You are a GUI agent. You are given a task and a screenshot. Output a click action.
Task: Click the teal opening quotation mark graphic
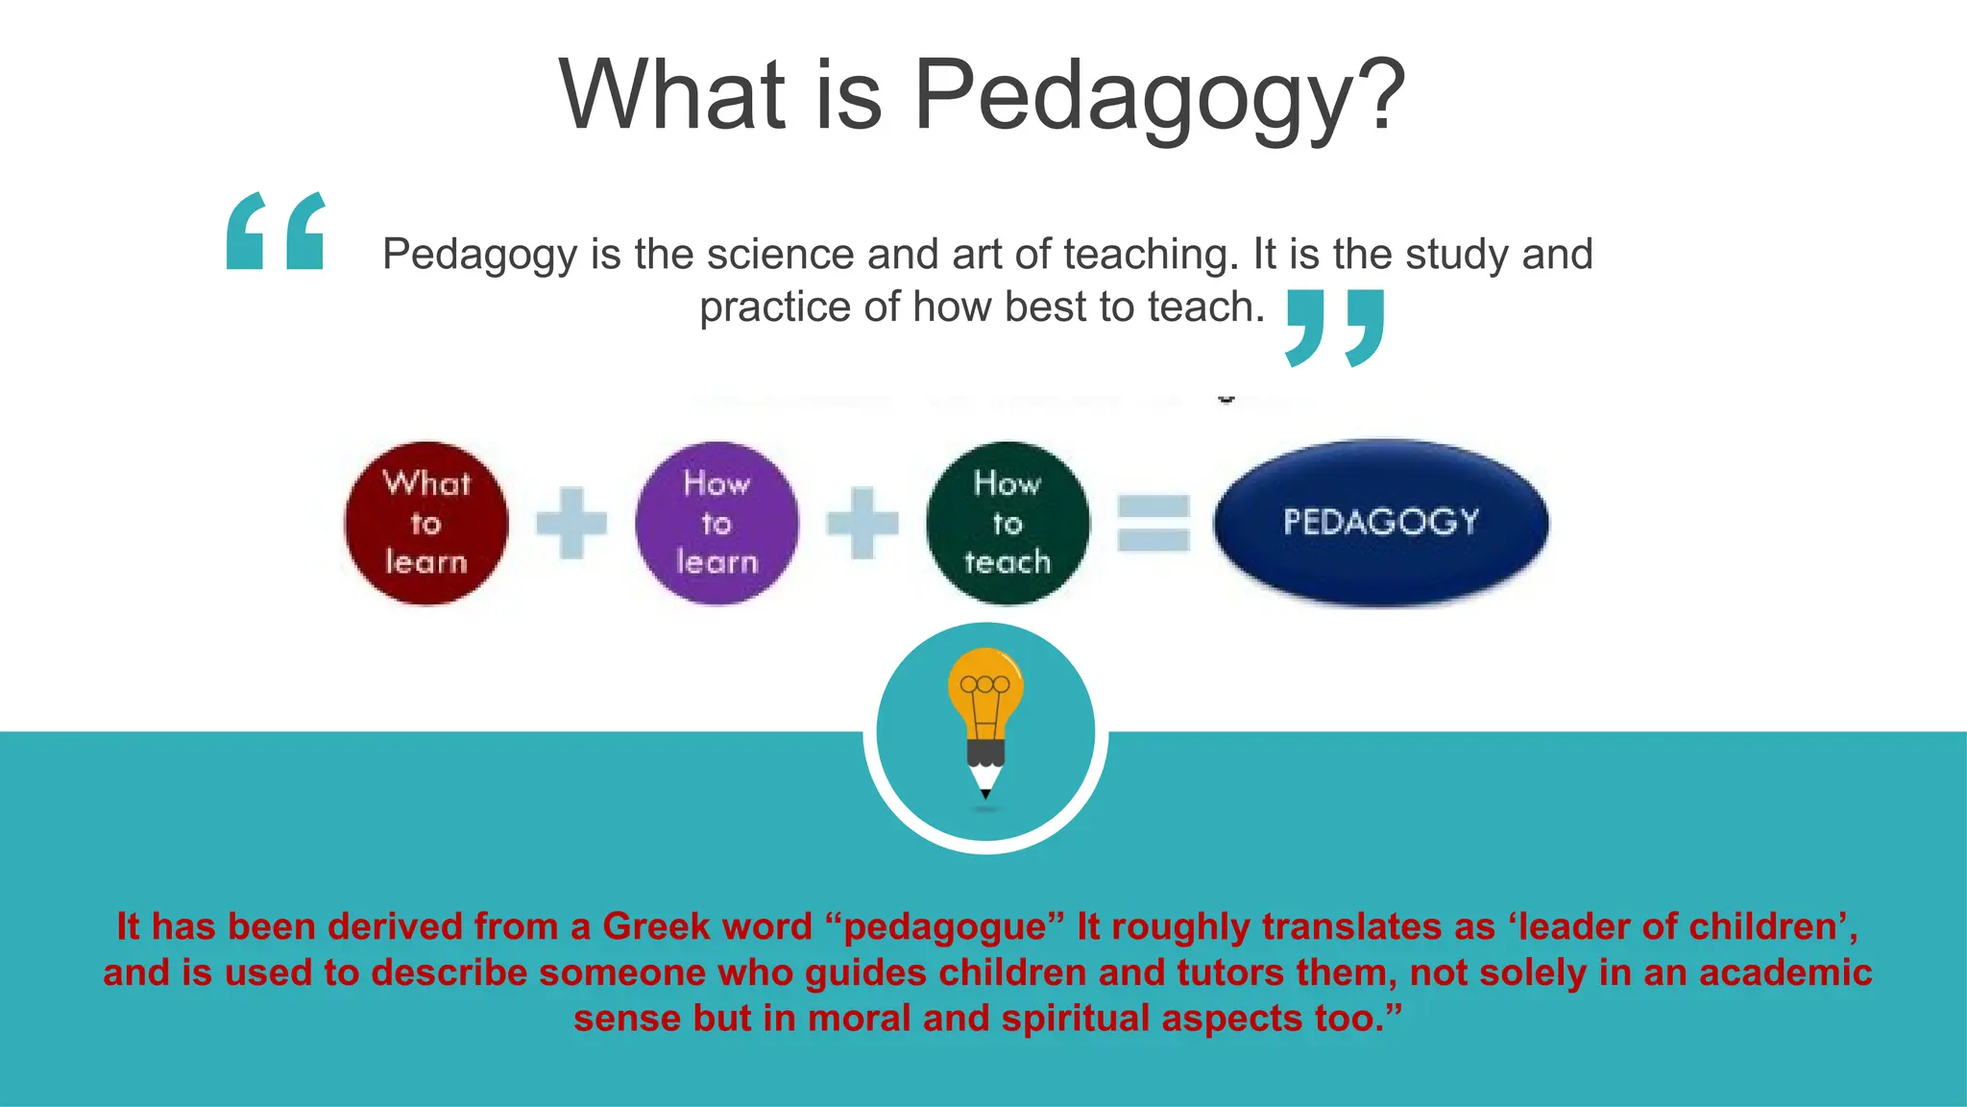[276, 232]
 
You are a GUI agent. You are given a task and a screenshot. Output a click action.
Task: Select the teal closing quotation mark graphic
[1335, 328]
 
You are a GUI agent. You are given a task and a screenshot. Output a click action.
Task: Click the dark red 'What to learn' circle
[425, 524]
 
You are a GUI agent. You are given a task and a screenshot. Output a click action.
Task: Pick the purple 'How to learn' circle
[716, 524]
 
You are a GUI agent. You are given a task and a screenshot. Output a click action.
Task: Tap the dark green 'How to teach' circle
[1008, 524]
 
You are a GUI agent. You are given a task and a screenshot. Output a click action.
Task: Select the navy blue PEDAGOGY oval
[1380, 523]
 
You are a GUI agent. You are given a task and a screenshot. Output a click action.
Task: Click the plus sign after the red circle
[571, 524]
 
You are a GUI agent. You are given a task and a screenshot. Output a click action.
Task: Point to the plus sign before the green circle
[862, 524]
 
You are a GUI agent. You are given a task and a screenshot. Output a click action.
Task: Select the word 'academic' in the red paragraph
[1785, 972]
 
